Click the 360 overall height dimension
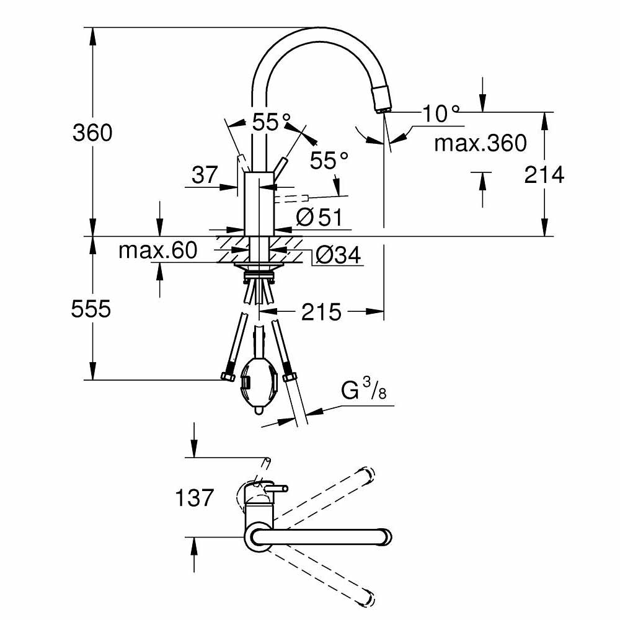[92, 133]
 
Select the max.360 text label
[480, 144]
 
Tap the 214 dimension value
[544, 175]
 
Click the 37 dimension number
[204, 176]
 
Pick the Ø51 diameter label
[319, 217]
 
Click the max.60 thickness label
[157, 250]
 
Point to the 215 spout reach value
[321, 312]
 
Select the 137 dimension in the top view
[195, 497]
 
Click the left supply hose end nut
[226, 376]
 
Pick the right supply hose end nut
[288, 376]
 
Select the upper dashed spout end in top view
[366, 474]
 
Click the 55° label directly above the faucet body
[271, 123]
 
